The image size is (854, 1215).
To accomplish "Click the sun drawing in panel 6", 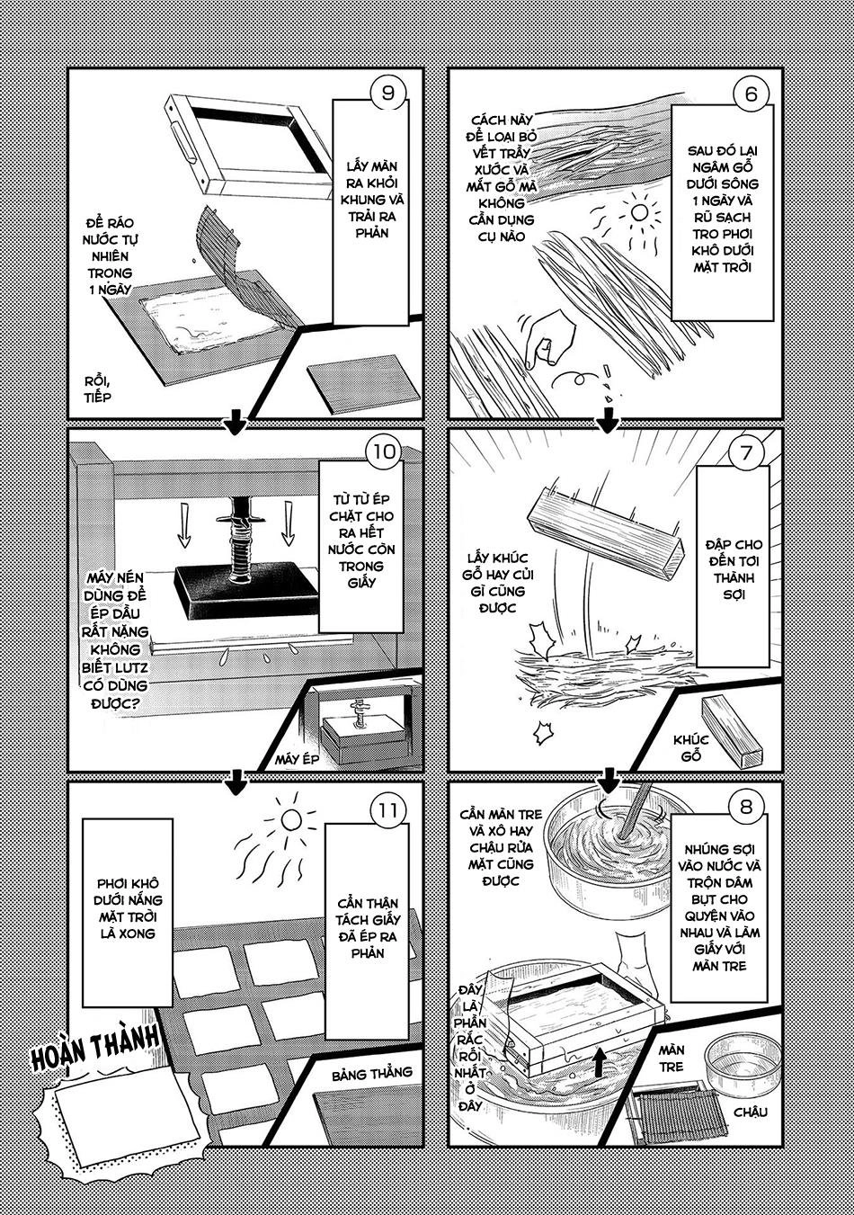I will tap(639, 212).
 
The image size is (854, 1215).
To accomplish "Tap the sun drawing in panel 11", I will tap(289, 818).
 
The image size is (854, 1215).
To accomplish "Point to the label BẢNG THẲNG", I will tap(371, 1072).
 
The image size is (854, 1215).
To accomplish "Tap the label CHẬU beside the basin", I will tap(749, 1112).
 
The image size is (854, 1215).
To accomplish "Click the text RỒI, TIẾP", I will tap(97, 388).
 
